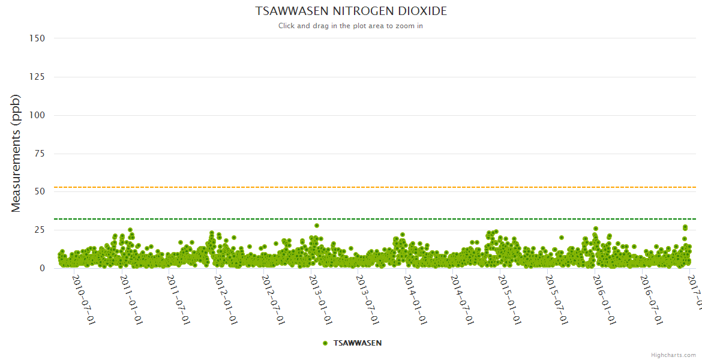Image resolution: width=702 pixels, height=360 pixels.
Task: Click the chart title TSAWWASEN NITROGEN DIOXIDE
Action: pyautogui.click(x=351, y=11)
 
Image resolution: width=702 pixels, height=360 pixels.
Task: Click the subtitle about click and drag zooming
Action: pyautogui.click(x=351, y=26)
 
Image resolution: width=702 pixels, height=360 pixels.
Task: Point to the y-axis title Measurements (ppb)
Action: pyautogui.click(x=16, y=153)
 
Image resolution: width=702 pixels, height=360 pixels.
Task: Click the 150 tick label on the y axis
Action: pyautogui.click(x=37, y=38)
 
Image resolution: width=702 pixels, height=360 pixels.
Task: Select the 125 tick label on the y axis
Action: pyautogui.click(x=37, y=76)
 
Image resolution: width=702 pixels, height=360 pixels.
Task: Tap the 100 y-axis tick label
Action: pyautogui.click(x=37, y=115)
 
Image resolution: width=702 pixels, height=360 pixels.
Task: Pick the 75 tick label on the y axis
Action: pyautogui.click(x=39, y=153)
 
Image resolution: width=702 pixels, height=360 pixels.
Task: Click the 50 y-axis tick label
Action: pyautogui.click(x=39, y=191)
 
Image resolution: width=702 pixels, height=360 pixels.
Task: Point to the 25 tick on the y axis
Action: pyautogui.click(x=39, y=230)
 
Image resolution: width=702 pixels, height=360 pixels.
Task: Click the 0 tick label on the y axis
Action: pyautogui.click(x=42, y=268)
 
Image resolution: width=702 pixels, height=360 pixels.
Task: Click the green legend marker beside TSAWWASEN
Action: pyautogui.click(x=325, y=343)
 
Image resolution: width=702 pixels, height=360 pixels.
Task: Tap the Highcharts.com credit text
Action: pyautogui.click(x=673, y=355)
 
